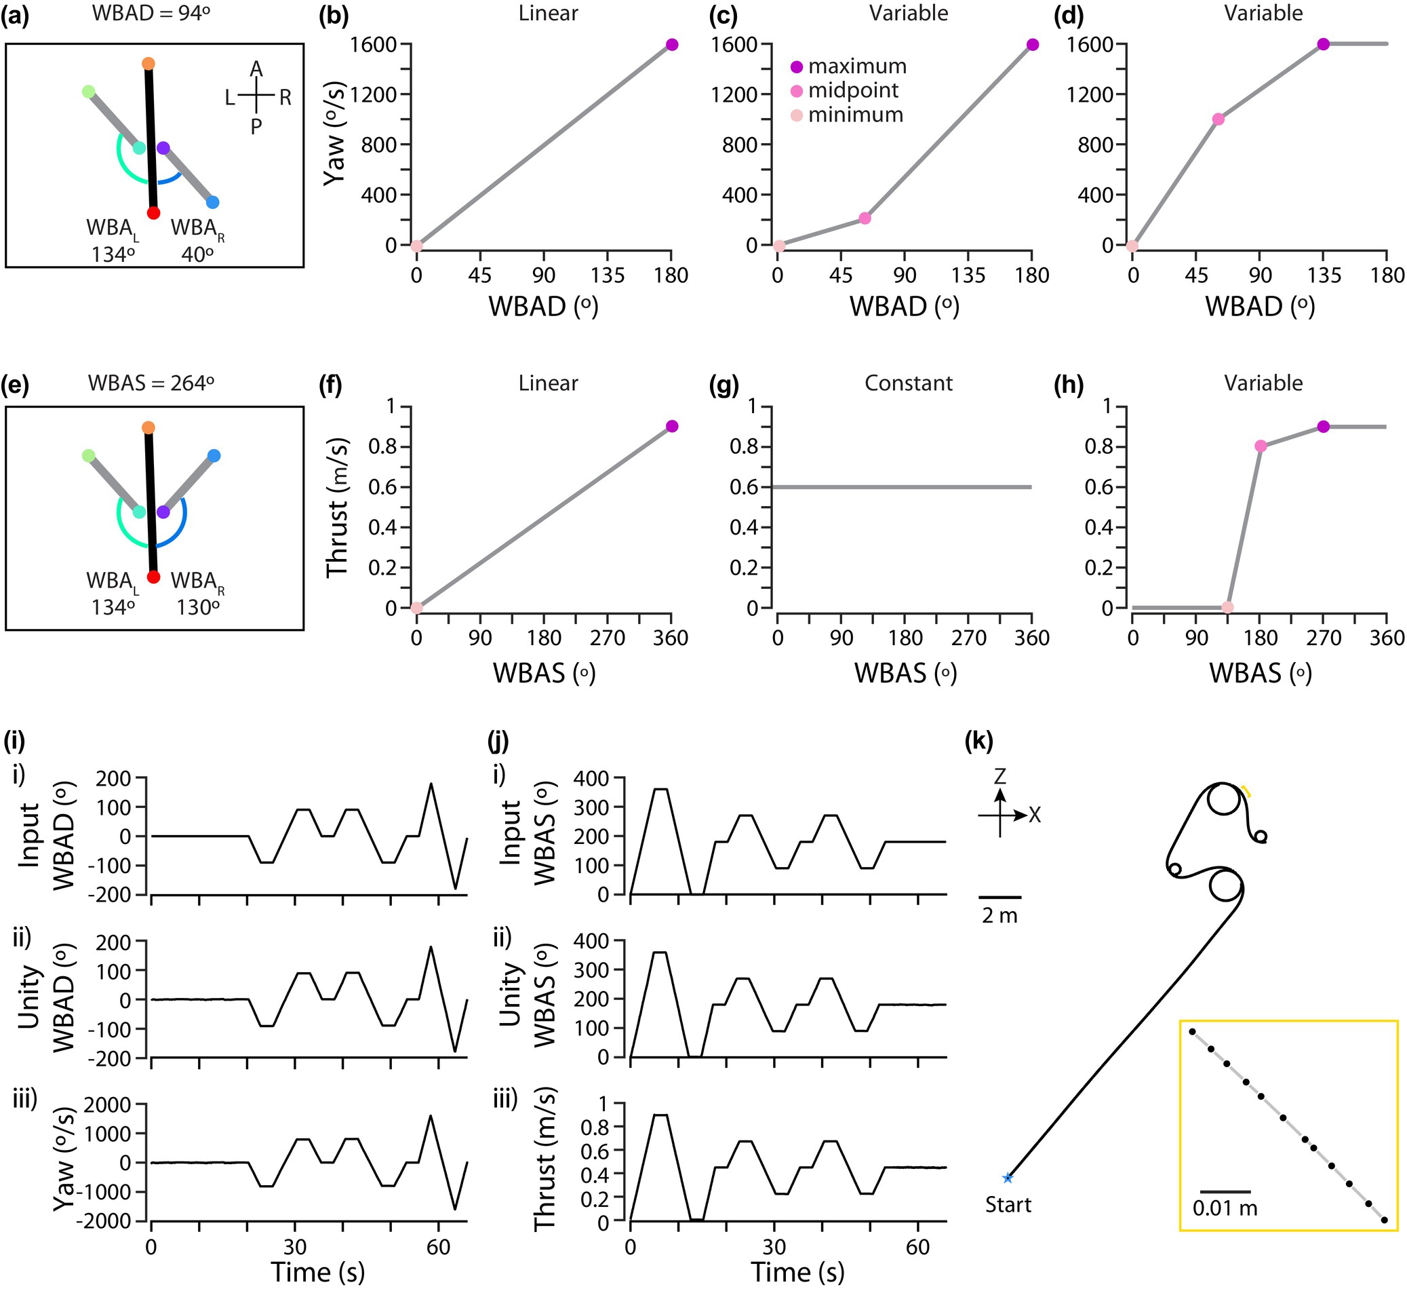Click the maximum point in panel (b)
coord(671,45)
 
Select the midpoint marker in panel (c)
coord(865,218)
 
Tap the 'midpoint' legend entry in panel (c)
coord(853,91)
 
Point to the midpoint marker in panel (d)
coord(1218,119)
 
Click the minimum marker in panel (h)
coord(1227,607)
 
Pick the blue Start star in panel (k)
coord(1007,1178)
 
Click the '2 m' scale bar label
coord(999,916)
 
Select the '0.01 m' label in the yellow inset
coord(1225,1208)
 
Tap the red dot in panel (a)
coord(153,213)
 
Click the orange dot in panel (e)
coord(148,427)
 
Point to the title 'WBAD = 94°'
coord(151,14)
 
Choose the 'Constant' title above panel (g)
coord(908,383)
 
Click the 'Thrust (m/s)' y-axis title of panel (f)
coord(338,507)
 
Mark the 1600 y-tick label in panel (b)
coord(373,45)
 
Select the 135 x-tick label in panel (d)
coord(1324,275)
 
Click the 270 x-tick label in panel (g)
coord(969,638)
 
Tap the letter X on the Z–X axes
coord(1034,815)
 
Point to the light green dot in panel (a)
coord(89,92)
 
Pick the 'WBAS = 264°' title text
coord(151,383)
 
